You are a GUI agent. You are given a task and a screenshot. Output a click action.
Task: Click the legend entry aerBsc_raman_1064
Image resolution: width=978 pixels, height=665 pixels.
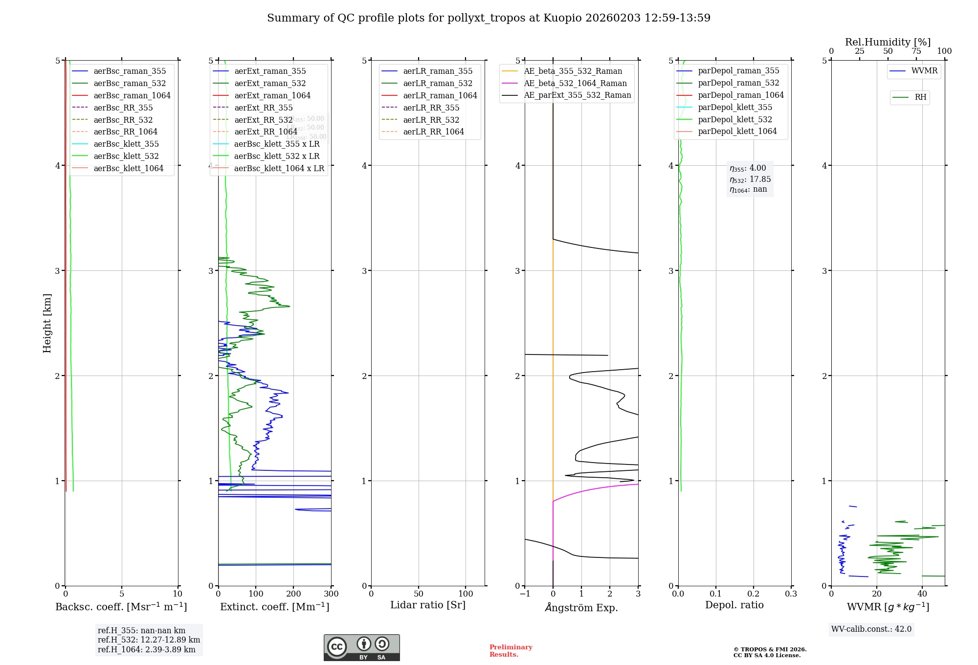pos(132,96)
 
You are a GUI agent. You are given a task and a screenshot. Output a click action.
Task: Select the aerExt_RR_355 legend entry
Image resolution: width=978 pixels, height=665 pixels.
pos(264,108)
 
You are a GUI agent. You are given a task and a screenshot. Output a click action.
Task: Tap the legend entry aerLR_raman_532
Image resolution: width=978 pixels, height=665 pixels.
pos(438,84)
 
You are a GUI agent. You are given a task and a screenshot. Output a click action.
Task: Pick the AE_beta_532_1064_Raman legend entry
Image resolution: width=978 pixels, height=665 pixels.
pos(575,84)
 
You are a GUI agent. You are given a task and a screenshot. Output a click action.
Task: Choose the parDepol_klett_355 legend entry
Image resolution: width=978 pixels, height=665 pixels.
pos(735,108)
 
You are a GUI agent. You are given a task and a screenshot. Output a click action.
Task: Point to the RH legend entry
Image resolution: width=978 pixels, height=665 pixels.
pos(920,97)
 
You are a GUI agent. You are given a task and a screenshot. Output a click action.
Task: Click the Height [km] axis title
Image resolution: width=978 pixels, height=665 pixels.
pos(47,323)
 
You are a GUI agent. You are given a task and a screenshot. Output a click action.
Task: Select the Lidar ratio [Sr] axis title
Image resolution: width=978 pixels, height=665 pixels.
pos(428,605)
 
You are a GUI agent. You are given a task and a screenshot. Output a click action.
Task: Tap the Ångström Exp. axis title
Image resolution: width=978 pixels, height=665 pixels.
pos(581,608)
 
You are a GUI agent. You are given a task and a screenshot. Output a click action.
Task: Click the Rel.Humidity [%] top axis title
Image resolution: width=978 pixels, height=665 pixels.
pos(888,42)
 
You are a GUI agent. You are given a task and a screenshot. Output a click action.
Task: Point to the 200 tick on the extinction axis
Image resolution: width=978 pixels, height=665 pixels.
pos(293,594)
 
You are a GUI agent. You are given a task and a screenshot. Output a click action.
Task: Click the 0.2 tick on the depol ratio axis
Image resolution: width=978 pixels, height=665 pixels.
pos(754,594)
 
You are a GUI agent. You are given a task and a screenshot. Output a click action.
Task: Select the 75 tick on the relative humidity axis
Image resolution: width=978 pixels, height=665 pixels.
pos(916,51)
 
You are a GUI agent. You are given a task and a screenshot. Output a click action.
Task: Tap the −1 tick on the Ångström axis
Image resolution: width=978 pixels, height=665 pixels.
pos(525,594)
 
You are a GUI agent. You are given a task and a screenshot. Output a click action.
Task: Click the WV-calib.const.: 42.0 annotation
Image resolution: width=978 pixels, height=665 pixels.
pos(871,629)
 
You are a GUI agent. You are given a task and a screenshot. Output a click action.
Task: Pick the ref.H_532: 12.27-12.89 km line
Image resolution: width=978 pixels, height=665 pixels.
pos(149,640)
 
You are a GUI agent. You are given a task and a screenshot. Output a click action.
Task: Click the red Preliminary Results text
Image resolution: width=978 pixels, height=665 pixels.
pos(511,651)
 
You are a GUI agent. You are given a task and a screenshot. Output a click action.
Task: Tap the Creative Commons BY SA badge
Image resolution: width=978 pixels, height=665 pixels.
pos(361,648)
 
